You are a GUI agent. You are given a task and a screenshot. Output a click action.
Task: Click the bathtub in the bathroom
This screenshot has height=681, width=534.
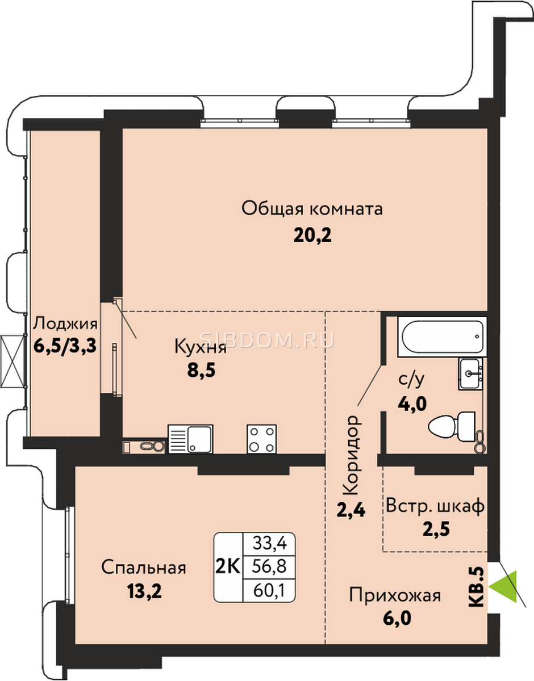[442, 337]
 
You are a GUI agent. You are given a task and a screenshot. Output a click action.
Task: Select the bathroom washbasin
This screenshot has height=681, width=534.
[470, 374]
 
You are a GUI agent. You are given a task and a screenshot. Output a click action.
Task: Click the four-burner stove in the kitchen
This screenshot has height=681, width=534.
[261, 439]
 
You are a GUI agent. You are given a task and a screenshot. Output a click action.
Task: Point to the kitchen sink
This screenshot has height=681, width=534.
[190, 439]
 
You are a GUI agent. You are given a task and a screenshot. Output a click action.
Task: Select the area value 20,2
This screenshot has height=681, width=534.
[312, 235]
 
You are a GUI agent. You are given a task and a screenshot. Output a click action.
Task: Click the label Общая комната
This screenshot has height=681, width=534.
[312, 208]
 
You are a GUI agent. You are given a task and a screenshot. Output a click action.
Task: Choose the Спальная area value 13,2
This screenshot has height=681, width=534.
[144, 591]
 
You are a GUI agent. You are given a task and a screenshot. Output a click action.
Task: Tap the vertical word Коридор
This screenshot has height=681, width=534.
[351, 455]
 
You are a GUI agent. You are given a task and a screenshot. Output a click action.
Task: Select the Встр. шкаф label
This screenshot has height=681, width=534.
[435, 506]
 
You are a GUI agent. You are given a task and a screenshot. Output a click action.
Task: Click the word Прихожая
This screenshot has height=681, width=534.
[395, 595]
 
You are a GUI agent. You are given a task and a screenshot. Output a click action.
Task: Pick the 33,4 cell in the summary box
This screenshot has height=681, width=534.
[270, 543]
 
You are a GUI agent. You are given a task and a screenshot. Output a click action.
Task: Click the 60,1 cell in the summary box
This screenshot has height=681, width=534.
[269, 591]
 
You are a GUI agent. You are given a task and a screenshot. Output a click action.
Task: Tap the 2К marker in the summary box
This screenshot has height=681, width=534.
[228, 566]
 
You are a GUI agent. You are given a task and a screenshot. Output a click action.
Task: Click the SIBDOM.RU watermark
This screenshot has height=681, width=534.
[267, 340]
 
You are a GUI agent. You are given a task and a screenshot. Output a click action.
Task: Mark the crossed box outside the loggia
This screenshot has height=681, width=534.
[12, 361]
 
